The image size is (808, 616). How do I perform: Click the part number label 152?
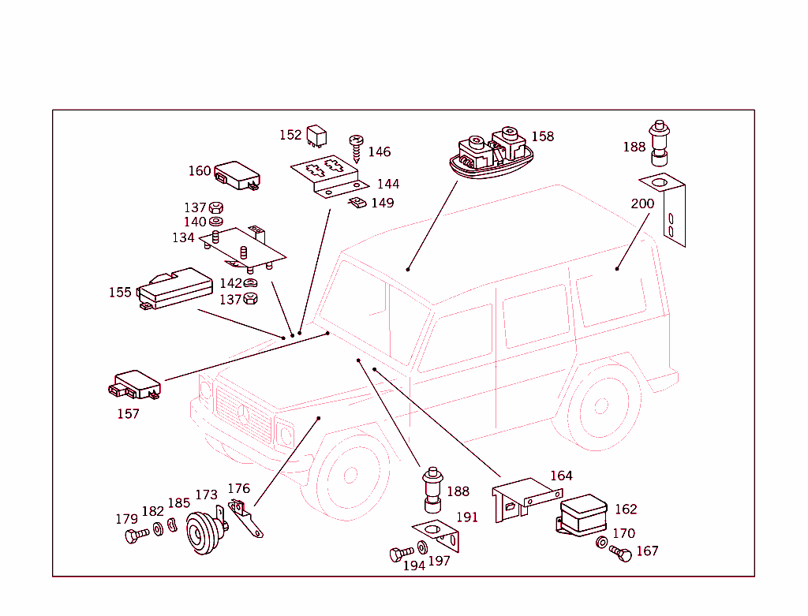point(290,135)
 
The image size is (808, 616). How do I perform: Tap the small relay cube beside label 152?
point(317,135)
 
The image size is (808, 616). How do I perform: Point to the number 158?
point(542,136)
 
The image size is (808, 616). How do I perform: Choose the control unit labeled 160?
point(238,176)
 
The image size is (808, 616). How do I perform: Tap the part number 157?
point(128,413)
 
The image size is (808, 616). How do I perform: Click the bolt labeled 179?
point(136,536)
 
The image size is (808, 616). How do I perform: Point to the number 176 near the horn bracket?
point(238,489)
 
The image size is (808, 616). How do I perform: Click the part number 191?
point(467,517)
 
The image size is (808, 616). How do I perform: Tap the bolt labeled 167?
point(621,554)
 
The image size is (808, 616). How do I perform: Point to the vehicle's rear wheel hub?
point(601,406)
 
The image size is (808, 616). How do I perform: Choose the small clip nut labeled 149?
point(357,204)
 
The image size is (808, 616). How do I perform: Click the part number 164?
point(561,476)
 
